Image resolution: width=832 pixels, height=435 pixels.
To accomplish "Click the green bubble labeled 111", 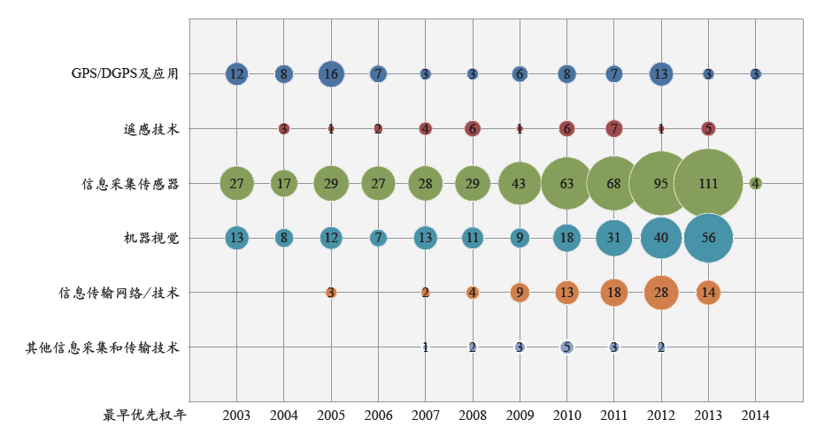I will point(708,183).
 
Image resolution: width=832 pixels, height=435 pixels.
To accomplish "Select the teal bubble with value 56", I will point(708,238).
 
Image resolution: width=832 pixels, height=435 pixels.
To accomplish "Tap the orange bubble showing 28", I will point(661,293).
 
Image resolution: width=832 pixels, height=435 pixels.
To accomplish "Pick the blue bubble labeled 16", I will point(331,74).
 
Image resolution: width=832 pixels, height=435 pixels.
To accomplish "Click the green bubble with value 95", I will point(661,183).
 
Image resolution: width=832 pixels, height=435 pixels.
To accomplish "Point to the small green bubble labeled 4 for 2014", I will point(755,183).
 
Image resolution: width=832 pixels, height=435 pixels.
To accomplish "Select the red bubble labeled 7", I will point(613,129).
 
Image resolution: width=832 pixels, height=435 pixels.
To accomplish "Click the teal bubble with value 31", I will point(613,238).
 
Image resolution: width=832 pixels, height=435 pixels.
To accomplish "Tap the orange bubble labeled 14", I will point(708,293).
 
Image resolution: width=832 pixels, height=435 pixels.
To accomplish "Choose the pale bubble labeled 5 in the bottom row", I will point(566,347).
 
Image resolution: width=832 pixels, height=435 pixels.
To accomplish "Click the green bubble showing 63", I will point(566,183).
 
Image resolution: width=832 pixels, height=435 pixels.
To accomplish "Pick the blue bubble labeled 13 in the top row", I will point(661,74).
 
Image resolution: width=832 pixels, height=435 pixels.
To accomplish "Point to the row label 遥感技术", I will point(151,129).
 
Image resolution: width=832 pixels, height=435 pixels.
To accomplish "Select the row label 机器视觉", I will point(151,238).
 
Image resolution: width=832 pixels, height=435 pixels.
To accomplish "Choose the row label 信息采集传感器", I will point(130,184).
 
